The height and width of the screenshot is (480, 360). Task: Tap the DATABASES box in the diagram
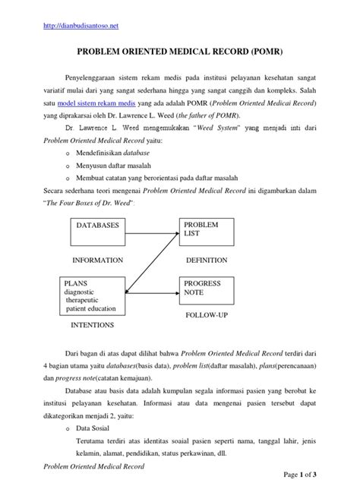point(99,232)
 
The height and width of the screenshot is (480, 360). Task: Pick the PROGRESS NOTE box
point(206,289)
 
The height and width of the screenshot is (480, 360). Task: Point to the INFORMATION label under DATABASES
point(97,259)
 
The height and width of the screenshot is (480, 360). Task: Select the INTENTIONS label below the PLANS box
point(92,325)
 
